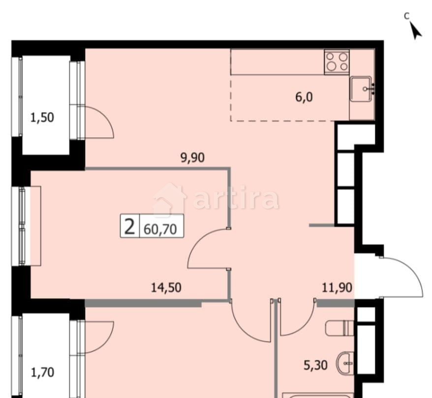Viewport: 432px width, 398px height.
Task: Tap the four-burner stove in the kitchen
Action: click(x=337, y=62)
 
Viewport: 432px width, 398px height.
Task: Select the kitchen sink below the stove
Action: click(x=363, y=89)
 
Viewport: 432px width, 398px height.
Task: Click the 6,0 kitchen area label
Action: click(x=304, y=97)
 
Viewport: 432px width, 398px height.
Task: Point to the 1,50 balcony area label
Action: click(x=42, y=117)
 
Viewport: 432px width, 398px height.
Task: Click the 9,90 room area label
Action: click(x=191, y=158)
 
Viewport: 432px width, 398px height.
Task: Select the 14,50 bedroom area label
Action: click(x=166, y=287)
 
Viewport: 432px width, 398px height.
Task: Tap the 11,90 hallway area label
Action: click(x=337, y=287)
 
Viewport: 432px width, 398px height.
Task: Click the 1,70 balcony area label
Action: click(x=42, y=372)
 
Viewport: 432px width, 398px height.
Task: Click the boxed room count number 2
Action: click(x=130, y=227)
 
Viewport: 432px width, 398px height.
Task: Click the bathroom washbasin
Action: click(x=345, y=364)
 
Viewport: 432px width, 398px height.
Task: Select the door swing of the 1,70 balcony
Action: click(x=100, y=334)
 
